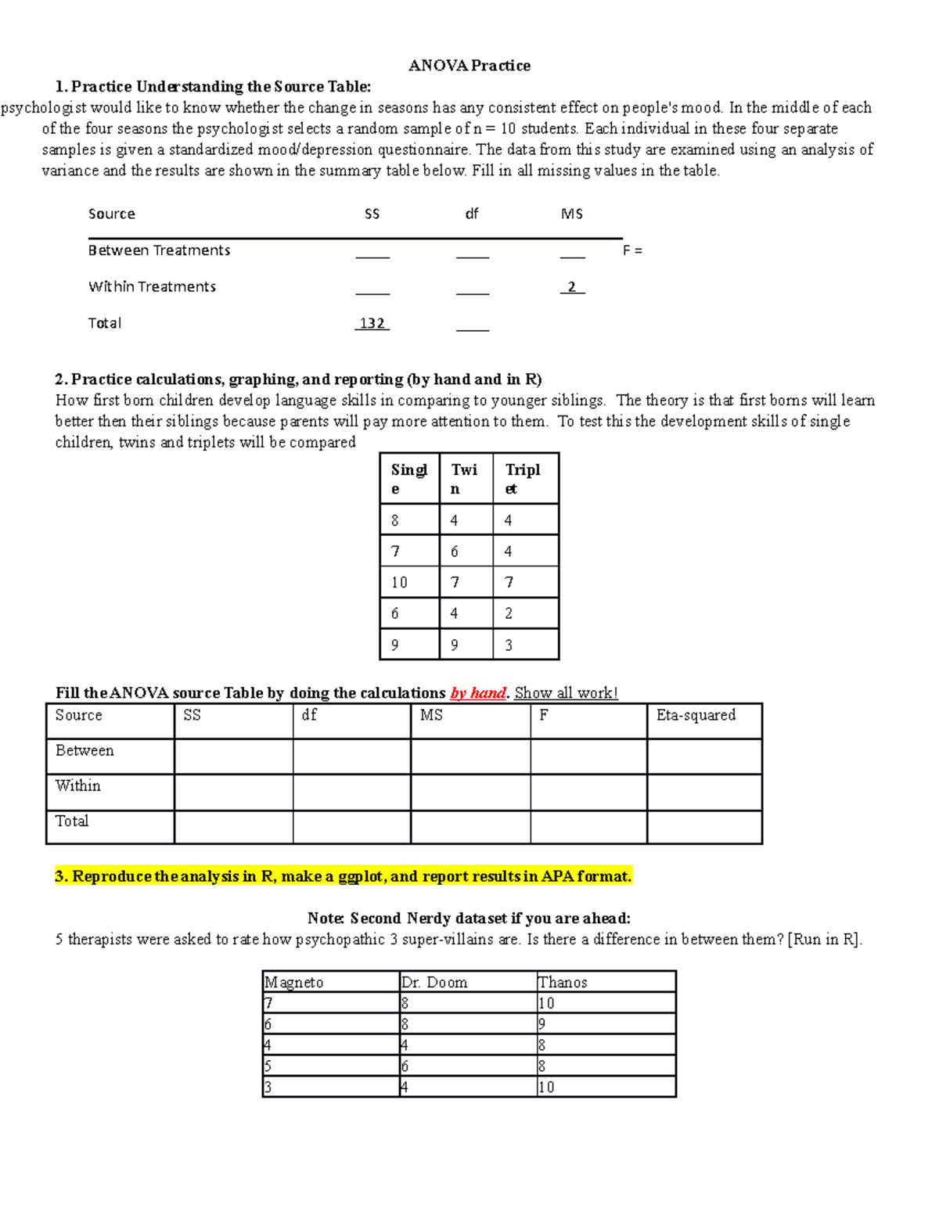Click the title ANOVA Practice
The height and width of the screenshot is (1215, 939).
click(469, 66)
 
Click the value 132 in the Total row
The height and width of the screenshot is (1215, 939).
click(372, 323)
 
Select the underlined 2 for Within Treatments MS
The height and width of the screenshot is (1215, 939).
click(572, 287)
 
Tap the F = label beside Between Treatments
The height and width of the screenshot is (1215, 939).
click(632, 250)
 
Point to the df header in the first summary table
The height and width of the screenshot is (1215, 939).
click(471, 214)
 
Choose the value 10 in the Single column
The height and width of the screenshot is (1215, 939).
click(399, 582)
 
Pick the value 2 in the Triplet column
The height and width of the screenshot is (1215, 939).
click(509, 613)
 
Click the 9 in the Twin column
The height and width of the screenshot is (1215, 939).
click(455, 645)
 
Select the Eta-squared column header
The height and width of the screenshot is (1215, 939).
click(696, 715)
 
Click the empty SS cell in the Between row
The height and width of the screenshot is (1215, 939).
click(233, 757)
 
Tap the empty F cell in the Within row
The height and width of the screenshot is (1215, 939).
click(588, 792)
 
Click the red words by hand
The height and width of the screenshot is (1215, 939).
click(478, 693)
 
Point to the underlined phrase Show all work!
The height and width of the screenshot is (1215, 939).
click(566, 693)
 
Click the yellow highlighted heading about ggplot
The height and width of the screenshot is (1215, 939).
click(343, 876)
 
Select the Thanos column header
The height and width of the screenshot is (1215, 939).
click(563, 982)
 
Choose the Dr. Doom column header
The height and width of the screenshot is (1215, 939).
click(434, 982)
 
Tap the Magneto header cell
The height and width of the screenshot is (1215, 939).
click(294, 982)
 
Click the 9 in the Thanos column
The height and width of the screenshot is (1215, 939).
click(541, 1024)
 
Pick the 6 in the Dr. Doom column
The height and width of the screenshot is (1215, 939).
click(405, 1066)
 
